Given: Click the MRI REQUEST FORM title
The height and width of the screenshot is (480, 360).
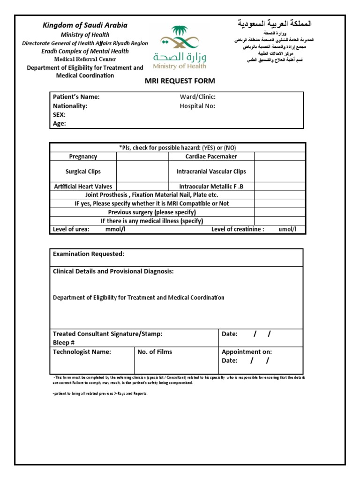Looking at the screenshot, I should tap(180, 81).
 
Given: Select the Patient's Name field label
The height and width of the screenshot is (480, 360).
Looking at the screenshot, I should tap(76, 97).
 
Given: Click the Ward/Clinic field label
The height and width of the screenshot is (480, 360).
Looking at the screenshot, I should tap(197, 97).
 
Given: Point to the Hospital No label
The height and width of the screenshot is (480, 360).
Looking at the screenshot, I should tap(197, 106).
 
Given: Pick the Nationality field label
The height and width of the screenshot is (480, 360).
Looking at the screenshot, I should tap(70, 106).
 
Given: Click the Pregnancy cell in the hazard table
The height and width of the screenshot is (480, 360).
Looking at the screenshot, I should tap(83, 157).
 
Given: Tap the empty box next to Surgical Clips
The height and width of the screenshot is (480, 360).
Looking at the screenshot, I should tap(142, 172).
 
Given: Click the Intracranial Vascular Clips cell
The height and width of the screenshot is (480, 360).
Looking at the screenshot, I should tap(211, 172).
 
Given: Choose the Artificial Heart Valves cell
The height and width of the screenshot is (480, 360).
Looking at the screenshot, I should tap(83, 187).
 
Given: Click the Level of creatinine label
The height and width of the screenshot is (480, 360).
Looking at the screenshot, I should tap(238, 229).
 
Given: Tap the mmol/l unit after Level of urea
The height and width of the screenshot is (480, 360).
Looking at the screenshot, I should tap(115, 229).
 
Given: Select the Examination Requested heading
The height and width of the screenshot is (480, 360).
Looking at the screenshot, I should tap(89, 254).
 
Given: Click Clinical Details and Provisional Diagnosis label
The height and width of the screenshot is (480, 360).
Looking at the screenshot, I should tap(113, 271).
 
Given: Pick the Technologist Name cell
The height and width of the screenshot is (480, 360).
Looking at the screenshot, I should tap(82, 352).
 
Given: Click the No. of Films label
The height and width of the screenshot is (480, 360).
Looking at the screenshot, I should tap(155, 352).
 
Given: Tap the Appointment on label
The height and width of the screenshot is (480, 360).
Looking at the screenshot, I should tap(247, 352).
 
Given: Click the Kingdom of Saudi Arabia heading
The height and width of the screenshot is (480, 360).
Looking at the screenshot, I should tap(85, 25).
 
